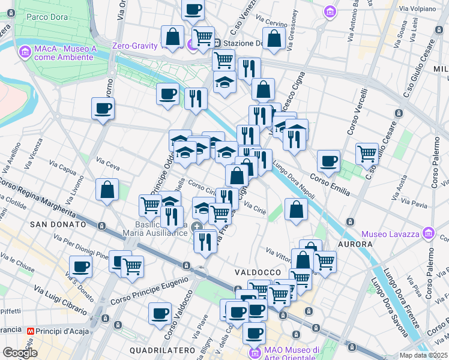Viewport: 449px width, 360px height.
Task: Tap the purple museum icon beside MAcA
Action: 25,52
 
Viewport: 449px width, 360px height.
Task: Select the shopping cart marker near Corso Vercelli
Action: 367,153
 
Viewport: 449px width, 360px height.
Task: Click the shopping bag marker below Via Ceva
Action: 107,190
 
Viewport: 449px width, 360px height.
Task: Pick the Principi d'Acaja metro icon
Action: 31,331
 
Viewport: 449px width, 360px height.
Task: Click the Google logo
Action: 19,353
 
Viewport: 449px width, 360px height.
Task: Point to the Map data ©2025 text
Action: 424,355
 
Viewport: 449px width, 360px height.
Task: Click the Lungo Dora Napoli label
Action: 294,172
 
